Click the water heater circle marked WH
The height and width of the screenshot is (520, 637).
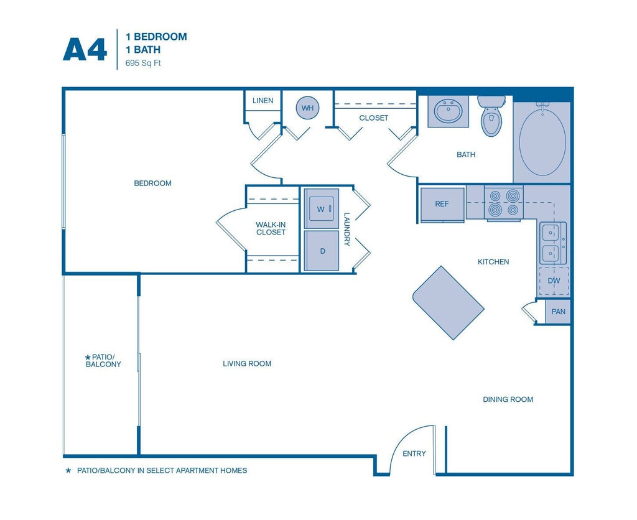(x=307, y=108)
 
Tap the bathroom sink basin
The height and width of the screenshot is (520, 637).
(x=448, y=111)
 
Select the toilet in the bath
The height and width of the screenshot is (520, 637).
(x=491, y=116)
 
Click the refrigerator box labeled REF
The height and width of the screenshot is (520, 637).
(x=442, y=205)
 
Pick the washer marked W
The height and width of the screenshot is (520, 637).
(x=322, y=209)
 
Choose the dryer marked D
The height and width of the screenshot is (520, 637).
(x=322, y=251)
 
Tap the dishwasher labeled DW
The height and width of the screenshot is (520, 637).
(x=554, y=281)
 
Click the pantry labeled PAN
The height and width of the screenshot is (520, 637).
(x=558, y=312)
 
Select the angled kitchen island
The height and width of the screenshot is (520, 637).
(x=449, y=303)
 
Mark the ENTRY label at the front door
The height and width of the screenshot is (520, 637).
(x=414, y=453)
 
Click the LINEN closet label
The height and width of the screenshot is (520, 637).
(x=263, y=100)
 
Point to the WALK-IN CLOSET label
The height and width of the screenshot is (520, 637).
(x=271, y=228)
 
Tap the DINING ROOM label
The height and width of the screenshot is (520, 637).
(x=508, y=399)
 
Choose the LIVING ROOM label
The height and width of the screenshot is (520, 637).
(x=247, y=364)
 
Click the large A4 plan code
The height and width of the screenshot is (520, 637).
(x=85, y=50)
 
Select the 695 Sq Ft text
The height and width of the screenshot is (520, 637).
(x=143, y=63)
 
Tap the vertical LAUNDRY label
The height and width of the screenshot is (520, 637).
(x=346, y=229)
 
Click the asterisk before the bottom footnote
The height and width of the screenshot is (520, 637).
(x=68, y=470)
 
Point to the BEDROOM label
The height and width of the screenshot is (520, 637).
(x=153, y=183)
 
